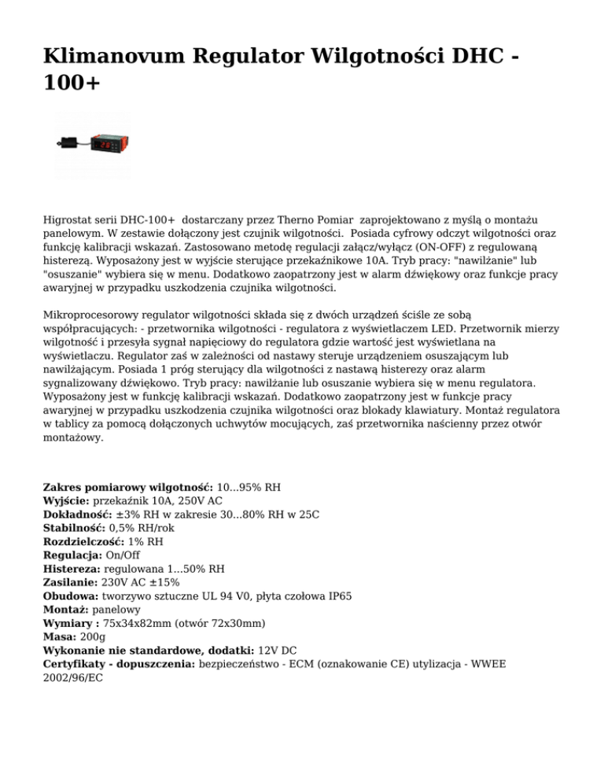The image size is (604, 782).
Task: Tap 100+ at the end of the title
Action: click(x=72, y=84)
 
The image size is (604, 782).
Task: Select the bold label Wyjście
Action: click(x=67, y=500)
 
